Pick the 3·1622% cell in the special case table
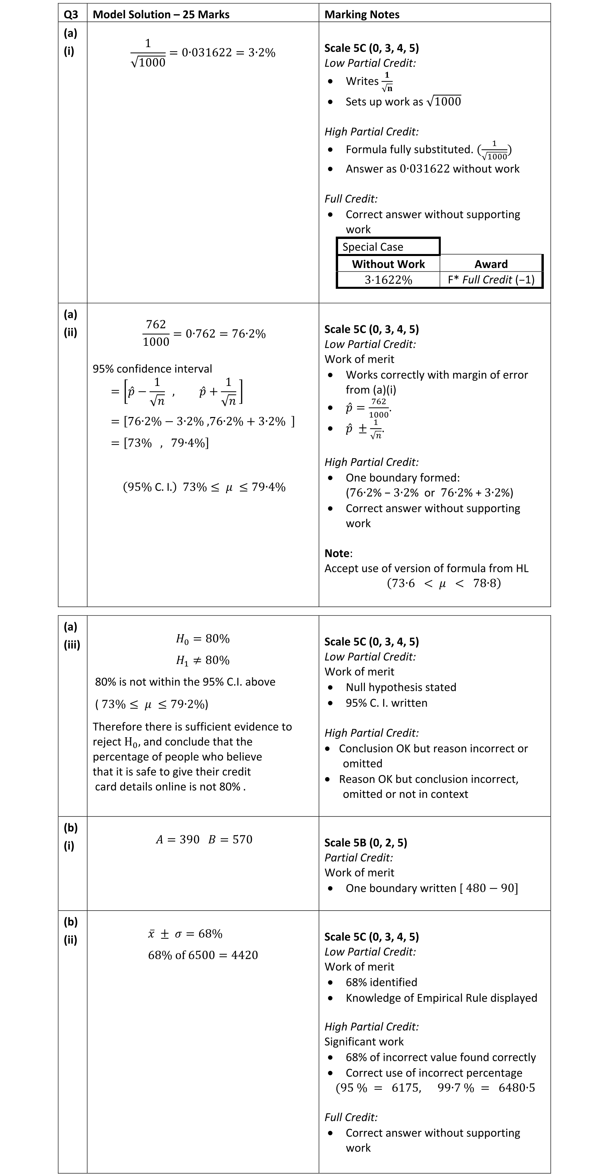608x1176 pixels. pyautogui.click(x=388, y=280)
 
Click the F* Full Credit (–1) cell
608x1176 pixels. pyautogui.click(x=491, y=280)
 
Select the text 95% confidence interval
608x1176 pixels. pyautogui.click(x=153, y=369)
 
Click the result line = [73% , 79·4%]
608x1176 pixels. pyautogui.click(x=160, y=443)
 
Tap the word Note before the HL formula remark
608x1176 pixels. pyautogui.click(x=337, y=553)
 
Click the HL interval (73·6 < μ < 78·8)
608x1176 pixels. pyautogui.click(x=444, y=583)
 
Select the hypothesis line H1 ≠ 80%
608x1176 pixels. pyautogui.click(x=203, y=661)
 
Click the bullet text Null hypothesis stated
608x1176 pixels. pyautogui.click(x=400, y=687)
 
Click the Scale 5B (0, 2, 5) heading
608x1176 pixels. pyautogui.click(x=365, y=842)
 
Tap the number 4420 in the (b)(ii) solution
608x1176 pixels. pyautogui.click(x=244, y=955)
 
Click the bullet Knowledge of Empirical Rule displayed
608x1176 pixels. pyautogui.click(x=441, y=998)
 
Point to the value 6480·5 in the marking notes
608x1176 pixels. pyautogui.click(x=517, y=1088)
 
